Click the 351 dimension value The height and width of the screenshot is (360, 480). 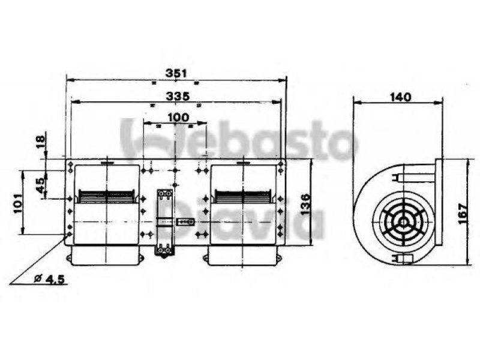pyautogui.click(x=176, y=73)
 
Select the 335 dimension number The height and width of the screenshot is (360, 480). pyautogui.click(x=178, y=97)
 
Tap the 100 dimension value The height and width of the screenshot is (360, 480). pyautogui.click(x=178, y=117)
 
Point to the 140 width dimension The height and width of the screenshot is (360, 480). pyautogui.click(x=400, y=97)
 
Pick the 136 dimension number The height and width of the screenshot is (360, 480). pyautogui.click(x=305, y=205)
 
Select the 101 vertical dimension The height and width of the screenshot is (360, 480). pyautogui.click(x=18, y=203)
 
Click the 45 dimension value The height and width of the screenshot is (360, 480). pyautogui.click(x=40, y=186)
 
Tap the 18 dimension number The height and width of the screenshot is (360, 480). pyautogui.click(x=40, y=142)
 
